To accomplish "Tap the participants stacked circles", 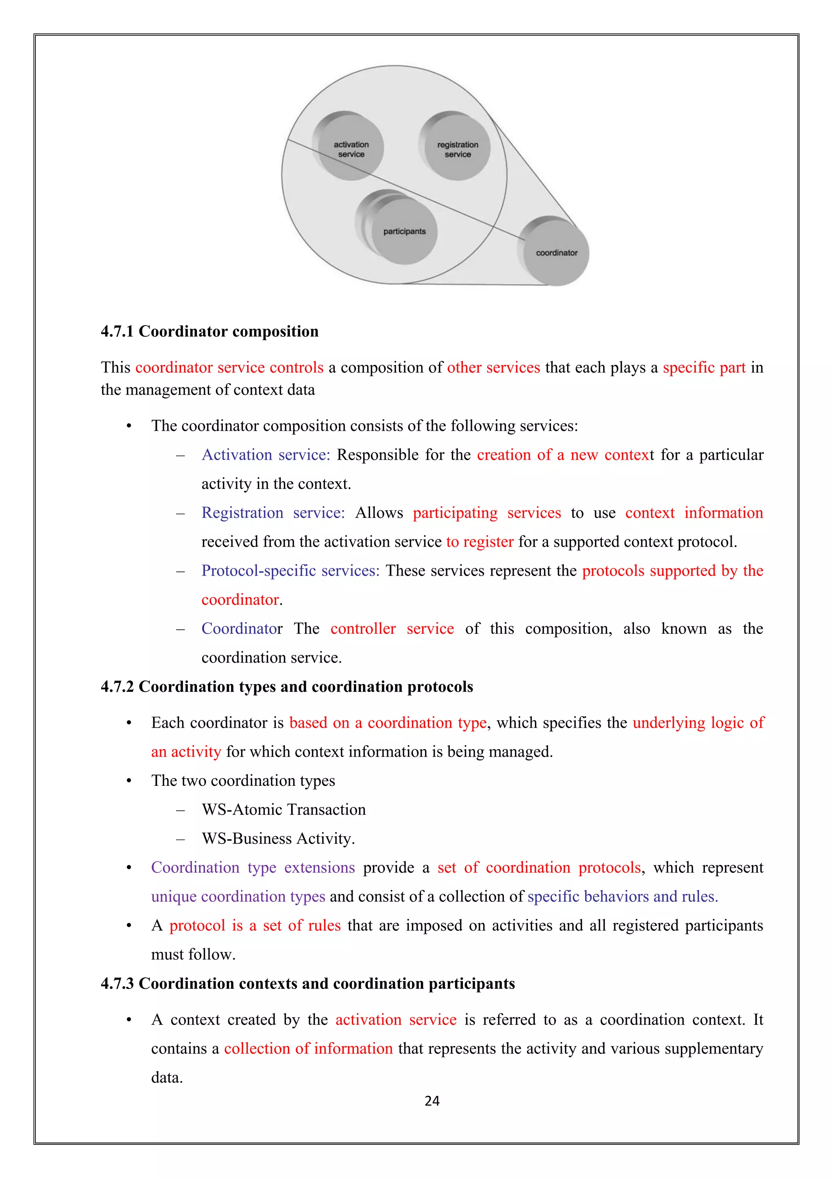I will coord(403,231).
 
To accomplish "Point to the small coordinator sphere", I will coord(556,253).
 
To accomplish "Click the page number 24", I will coord(432,1101).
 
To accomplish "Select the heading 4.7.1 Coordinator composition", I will coord(209,332).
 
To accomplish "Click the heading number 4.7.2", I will coord(118,687).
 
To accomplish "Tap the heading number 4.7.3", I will coord(118,984).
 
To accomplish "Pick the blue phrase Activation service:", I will coord(266,455).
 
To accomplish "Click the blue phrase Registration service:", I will coord(273,513).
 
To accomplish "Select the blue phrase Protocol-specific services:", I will coord(290,571).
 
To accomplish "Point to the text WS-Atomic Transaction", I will coord(283,809).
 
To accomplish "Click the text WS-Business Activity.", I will coord(278,839).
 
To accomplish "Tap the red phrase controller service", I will coord(392,629).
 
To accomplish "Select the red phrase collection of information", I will coord(308,1049).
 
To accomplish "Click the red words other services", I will coord(493,368).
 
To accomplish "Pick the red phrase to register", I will coord(480,542).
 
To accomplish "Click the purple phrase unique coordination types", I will coord(238,897).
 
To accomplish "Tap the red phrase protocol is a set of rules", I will coord(255,925).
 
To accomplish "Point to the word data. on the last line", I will coord(167,1078).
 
